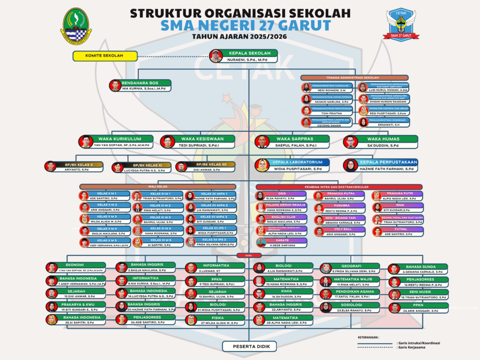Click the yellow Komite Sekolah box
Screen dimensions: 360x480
(x=104, y=56)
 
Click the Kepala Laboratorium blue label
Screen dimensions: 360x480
(x=299, y=162)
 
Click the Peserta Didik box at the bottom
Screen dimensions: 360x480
(x=251, y=347)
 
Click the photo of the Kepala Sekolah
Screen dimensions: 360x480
(x=216, y=56)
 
